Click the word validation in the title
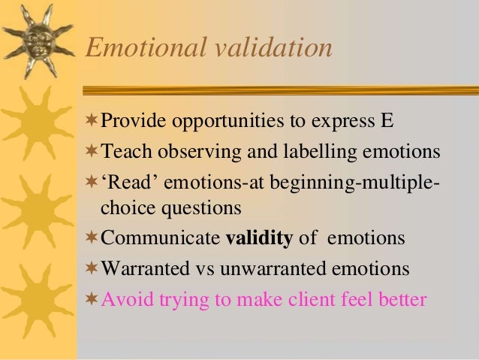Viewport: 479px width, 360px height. point(270,48)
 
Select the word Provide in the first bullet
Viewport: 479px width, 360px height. point(132,122)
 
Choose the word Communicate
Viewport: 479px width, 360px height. point(160,238)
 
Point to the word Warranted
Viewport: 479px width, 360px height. point(146,268)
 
